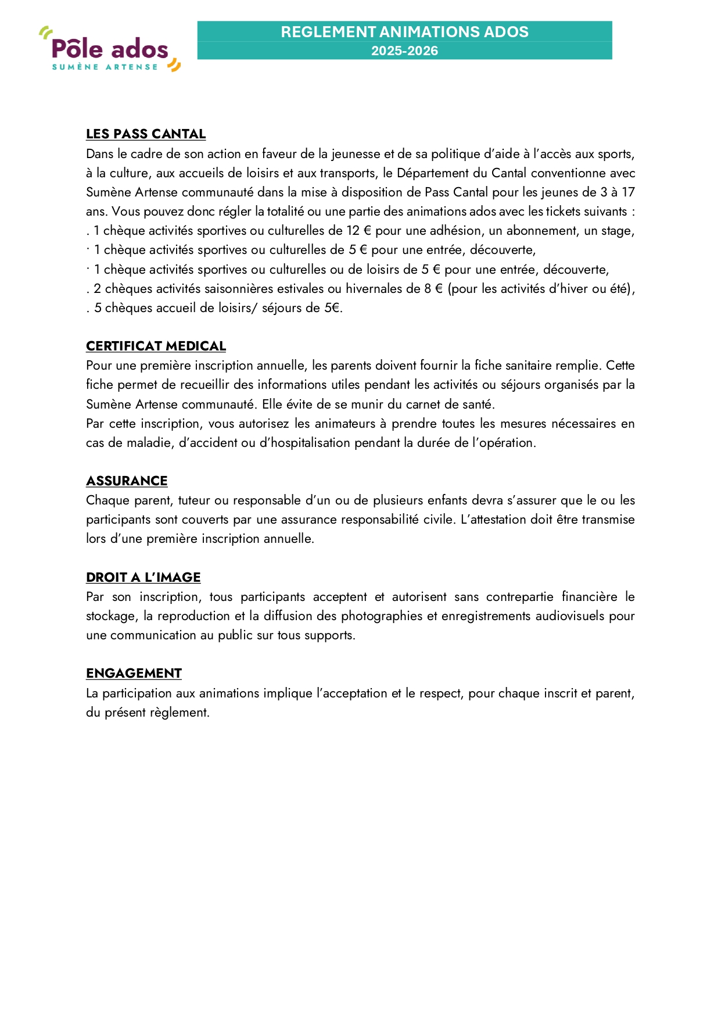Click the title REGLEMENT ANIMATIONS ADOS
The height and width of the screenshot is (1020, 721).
404,32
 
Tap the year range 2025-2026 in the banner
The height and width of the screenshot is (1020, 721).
404,51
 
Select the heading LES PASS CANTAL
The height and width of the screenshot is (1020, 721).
146,134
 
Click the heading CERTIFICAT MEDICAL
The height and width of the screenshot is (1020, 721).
156,346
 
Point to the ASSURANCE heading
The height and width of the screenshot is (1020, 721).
127,481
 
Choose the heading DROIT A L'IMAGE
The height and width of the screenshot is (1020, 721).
143,578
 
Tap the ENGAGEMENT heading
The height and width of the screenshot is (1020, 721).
134,674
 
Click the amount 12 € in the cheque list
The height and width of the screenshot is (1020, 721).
358,231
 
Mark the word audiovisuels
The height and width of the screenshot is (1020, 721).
570,616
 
